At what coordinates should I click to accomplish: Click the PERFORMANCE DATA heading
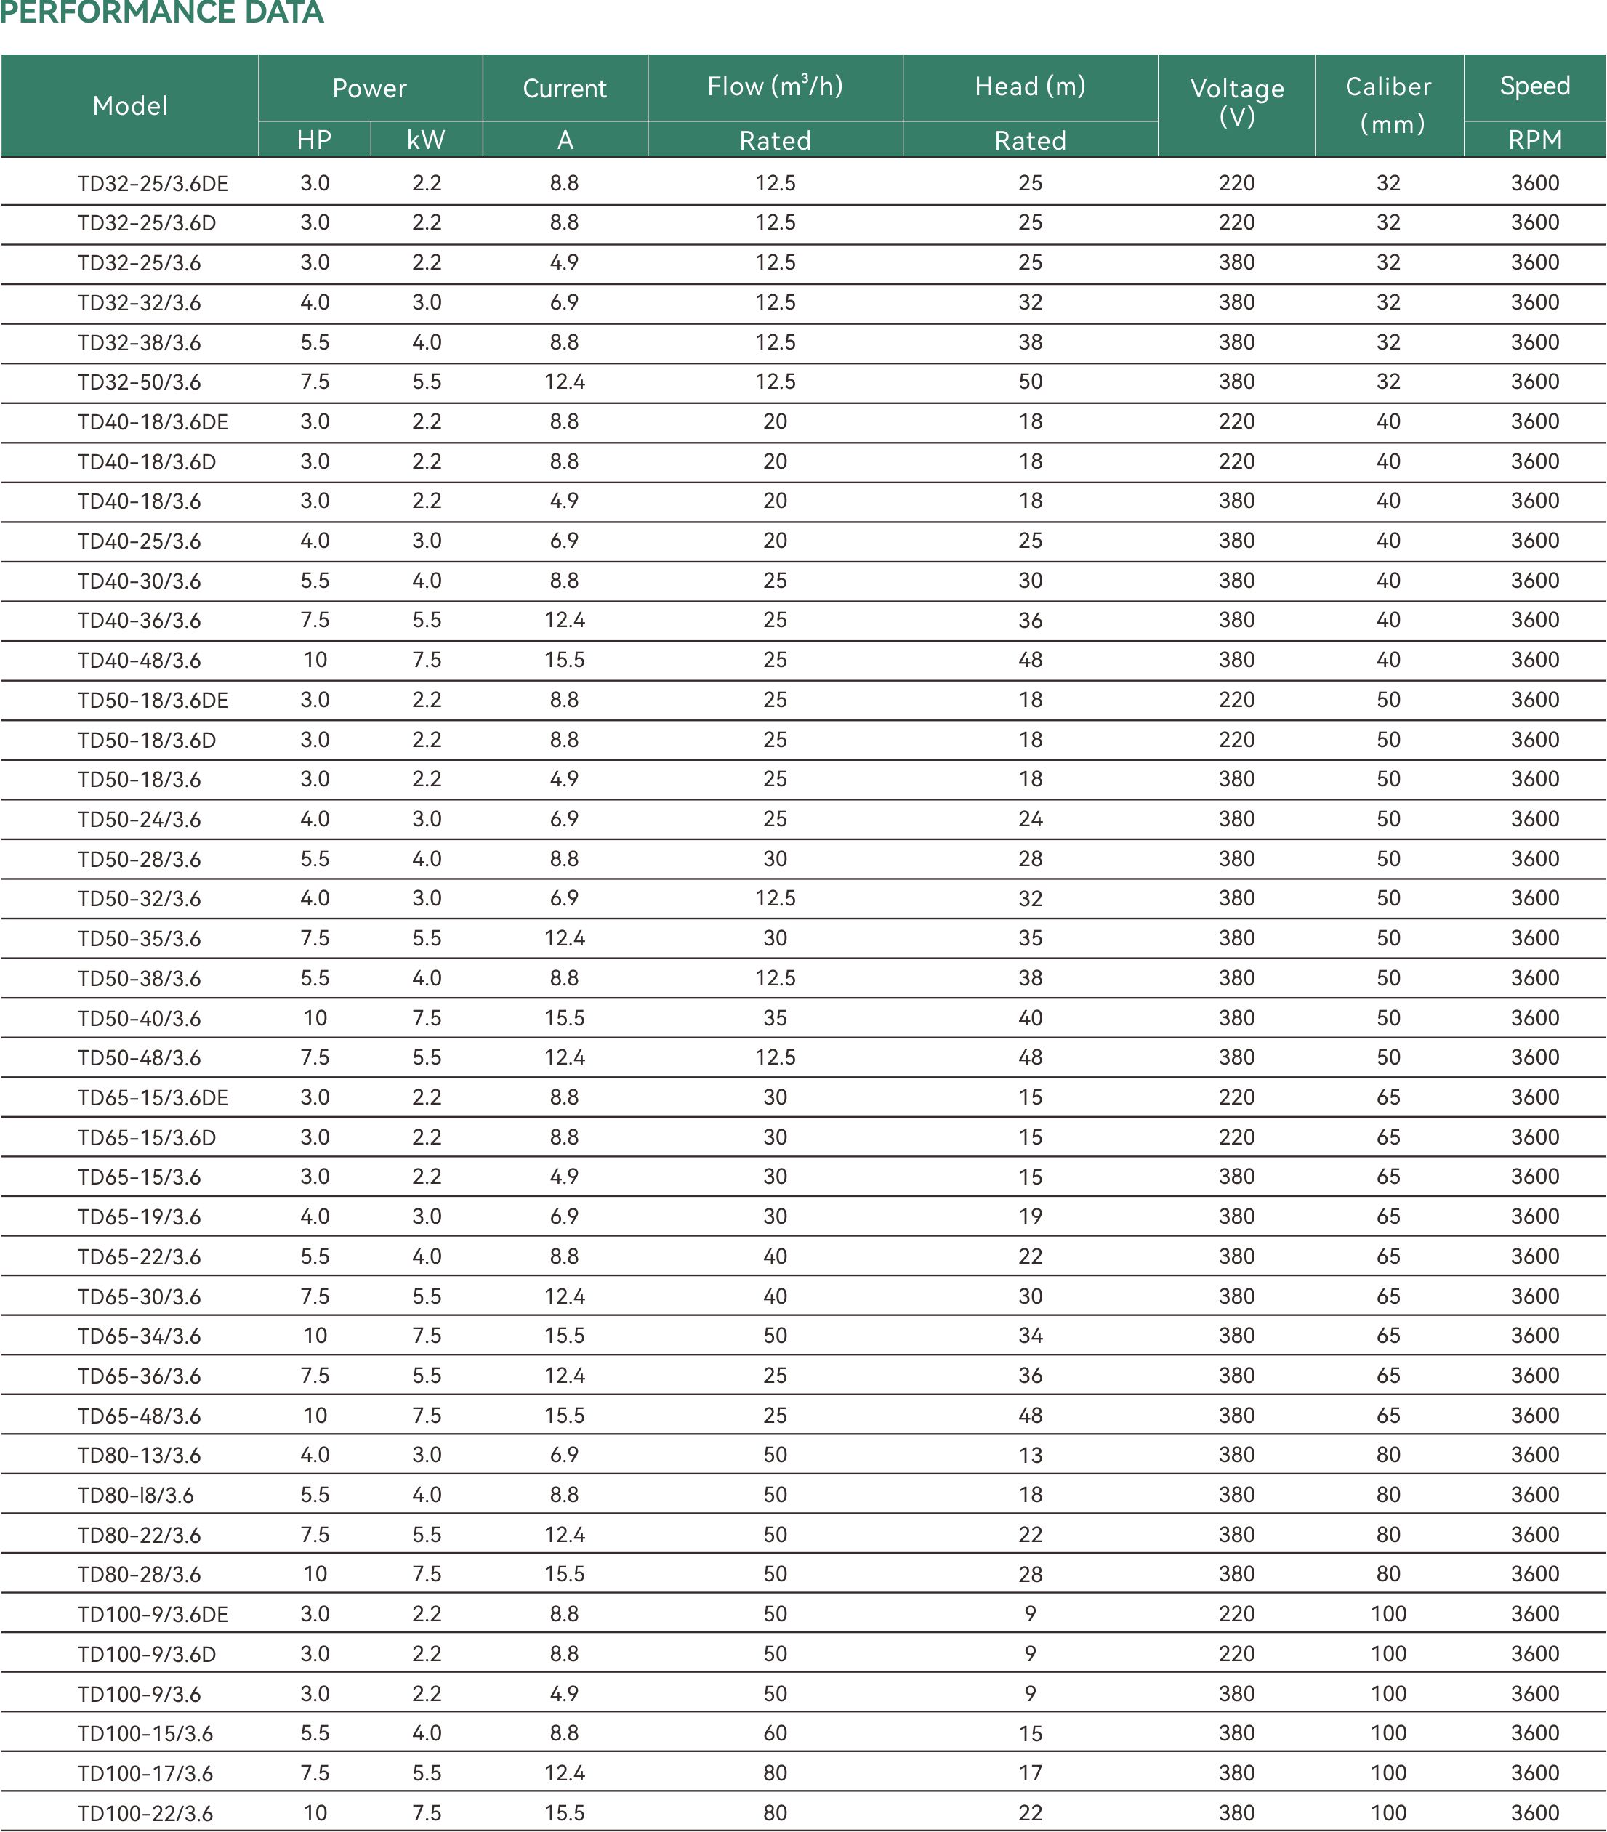point(161,12)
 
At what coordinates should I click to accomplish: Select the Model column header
point(130,106)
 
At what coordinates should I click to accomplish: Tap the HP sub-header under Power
point(315,140)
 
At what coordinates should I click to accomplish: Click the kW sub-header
point(426,140)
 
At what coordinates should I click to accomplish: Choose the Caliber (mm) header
point(1388,105)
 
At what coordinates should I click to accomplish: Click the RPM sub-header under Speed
point(1534,140)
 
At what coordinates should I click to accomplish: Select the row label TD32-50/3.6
point(139,382)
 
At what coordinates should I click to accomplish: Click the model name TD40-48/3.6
point(139,661)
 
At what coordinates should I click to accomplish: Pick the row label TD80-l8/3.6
point(135,1495)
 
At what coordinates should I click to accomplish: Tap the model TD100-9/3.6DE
point(153,1614)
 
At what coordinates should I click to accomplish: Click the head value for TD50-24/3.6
point(1030,818)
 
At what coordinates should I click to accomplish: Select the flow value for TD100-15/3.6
point(776,1732)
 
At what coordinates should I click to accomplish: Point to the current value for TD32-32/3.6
point(565,302)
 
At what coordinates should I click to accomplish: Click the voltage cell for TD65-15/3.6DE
point(1237,1097)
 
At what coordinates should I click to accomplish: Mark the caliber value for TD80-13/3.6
point(1388,1455)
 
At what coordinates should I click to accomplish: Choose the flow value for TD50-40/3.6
point(776,1017)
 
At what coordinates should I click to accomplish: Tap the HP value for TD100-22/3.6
point(315,1812)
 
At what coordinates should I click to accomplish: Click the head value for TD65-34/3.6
point(1030,1336)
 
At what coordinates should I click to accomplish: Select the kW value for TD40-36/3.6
point(427,620)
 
